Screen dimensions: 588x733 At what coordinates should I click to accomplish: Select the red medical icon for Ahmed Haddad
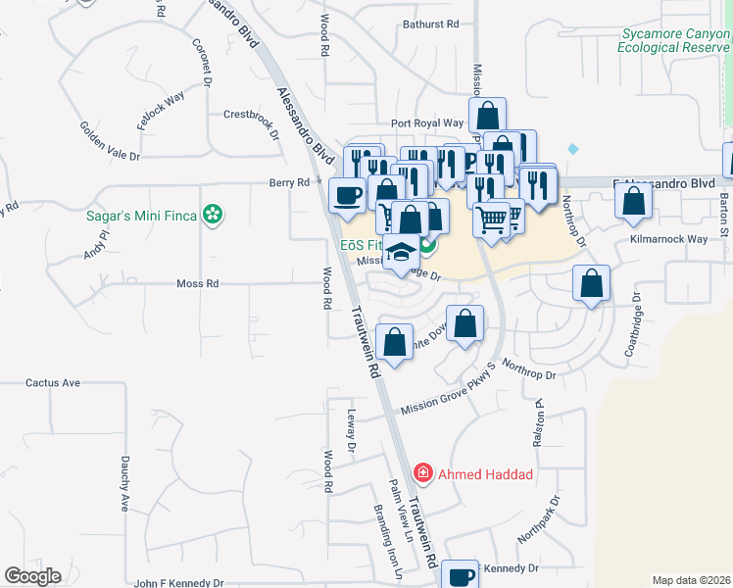pos(423,474)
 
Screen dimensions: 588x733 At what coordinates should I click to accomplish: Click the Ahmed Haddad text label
pos(485,475)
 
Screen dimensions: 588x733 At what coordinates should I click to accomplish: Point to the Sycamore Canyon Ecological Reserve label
pos(675,40)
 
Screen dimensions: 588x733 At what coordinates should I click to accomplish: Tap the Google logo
pos(32,576)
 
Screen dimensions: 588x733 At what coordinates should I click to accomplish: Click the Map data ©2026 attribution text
pos(692,580)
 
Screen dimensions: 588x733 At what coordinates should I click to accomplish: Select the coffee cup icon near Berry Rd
pos(348,195)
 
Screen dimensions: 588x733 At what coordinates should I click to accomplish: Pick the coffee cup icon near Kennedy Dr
pos(460,575)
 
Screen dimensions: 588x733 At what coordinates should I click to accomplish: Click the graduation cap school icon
pos(400,253)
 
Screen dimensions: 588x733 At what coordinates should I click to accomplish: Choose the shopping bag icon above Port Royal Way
pos(487,115)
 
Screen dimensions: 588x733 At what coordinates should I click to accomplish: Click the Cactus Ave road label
pos(52,382)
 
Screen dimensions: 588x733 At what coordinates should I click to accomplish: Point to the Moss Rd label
pos(197,284)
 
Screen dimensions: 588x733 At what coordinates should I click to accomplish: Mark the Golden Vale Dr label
pos(110,141)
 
